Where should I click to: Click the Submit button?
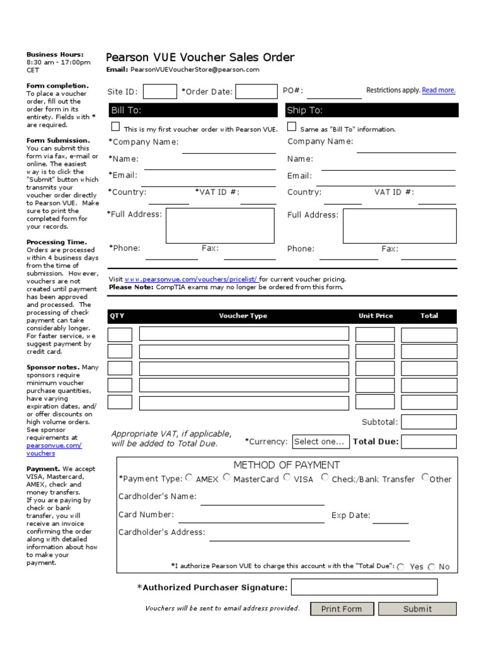(x=417, y=608)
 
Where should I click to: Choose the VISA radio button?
(x=287, y=477)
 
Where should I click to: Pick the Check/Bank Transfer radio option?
(x=325, y=477)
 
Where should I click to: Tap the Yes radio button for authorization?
(x=401, y=567)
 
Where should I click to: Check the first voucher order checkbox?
(x=115, y=127)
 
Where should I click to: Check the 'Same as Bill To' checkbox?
(x=292, y=127)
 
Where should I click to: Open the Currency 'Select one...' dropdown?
(x=320, y=442)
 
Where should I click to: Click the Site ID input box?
(x=160, y=91)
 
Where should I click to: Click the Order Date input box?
(x=256, y=91)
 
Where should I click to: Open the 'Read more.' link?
(x=439, y=90)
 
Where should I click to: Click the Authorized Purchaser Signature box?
(x=364, y=587)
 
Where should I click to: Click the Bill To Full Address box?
(x=220, y=225)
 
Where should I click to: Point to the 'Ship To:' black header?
(x=372, y=110)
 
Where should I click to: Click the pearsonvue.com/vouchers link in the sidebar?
(x=54, y=449)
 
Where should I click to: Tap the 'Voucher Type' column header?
(x=243, y=316)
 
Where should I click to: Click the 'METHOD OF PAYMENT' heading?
(x=287, y=465)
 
